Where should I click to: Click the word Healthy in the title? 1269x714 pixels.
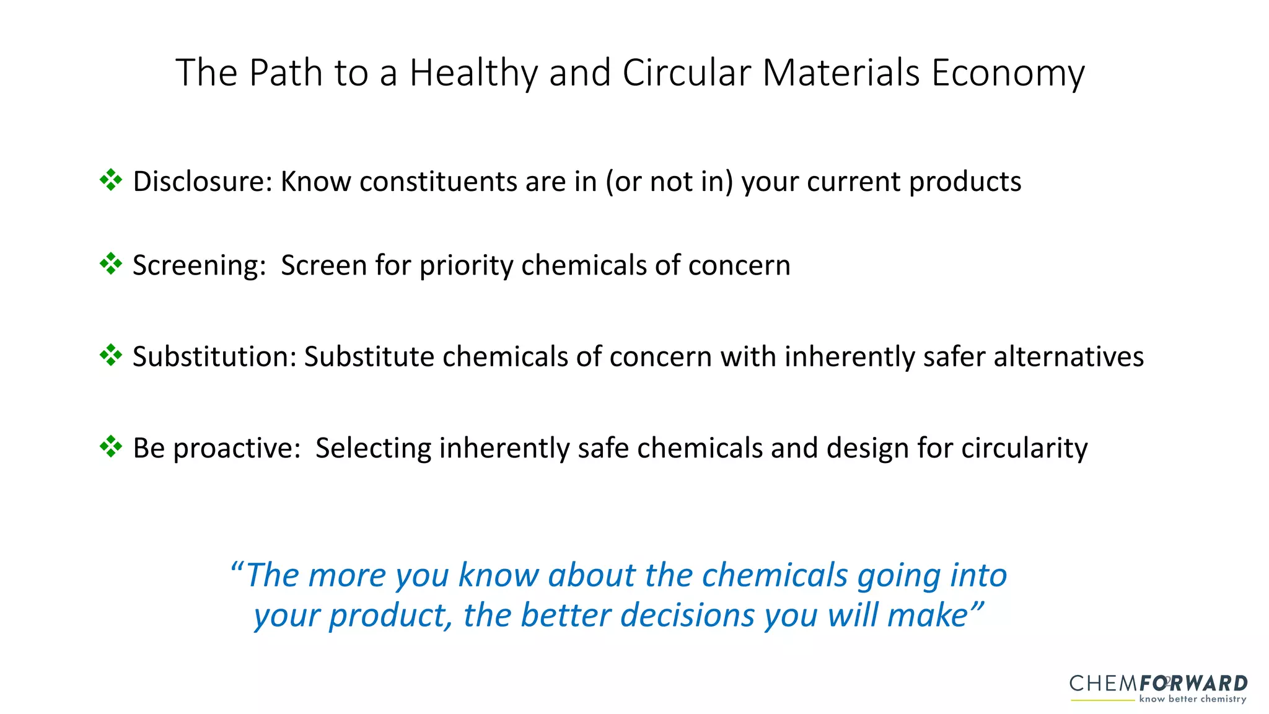click(473, 73)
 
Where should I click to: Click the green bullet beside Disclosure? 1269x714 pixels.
click(111, 180)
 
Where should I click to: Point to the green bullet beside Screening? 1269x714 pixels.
click(111, 264)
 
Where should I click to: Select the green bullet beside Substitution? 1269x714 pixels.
click(111, 356)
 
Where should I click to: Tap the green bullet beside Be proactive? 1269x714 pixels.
click(111, 447)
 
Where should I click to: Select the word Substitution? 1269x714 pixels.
click(214, 357)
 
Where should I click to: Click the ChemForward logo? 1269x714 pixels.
click(1158, 684)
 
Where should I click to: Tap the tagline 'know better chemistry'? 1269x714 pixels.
click(1192, 699)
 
